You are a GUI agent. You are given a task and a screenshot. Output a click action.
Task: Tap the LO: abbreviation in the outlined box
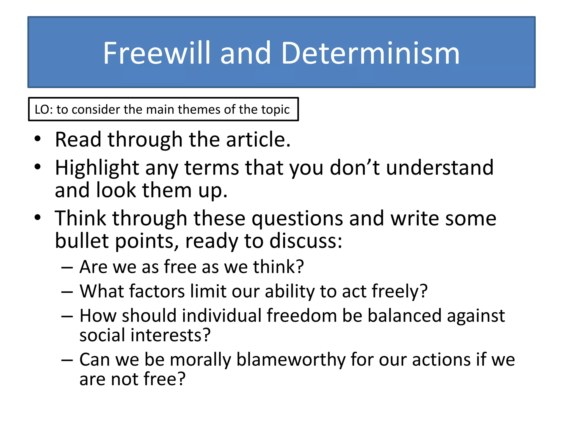click(x=44, y=109)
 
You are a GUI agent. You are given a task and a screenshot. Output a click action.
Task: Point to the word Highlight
click(x=97, y=168)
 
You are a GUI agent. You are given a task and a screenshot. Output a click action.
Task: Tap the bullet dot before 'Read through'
click(x=38, y=138)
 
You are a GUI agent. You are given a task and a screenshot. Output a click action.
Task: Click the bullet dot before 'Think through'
click(x=38, y=217)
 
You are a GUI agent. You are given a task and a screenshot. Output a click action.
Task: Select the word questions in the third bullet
click(x=297, y=219)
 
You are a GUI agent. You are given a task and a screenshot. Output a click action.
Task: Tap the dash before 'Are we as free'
click(x=67, y=267)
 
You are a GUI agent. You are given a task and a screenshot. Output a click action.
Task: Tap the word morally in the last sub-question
click(x=200, y=360)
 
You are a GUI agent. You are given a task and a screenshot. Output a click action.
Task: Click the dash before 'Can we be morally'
click(x=67, y=360)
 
